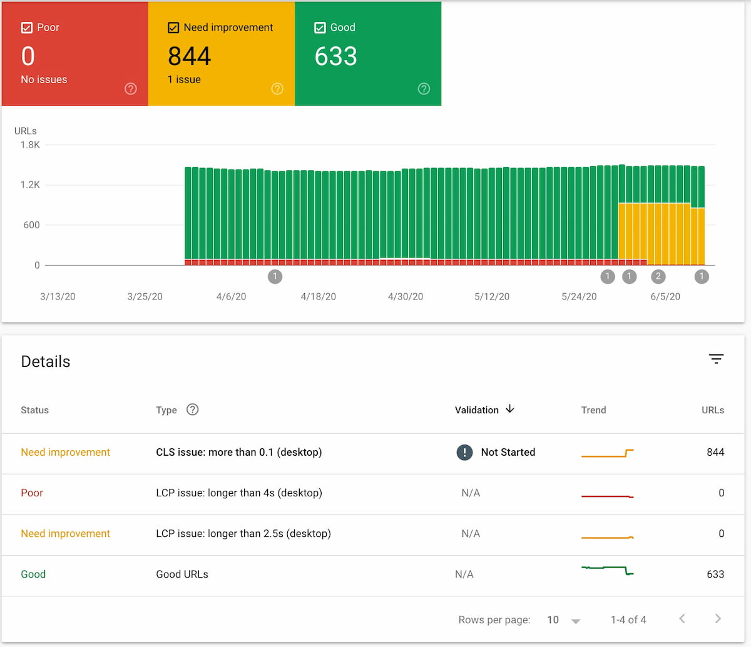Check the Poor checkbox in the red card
(27, 28)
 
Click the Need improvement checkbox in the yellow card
(173, 28)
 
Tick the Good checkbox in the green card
(320, 28)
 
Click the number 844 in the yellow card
(190, 56)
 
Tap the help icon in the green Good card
(424, 89)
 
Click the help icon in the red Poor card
(131, 89)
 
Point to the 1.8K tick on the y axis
(30, 145)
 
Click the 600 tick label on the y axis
(31, 225)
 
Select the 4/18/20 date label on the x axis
(318, 297)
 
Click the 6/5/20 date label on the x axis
(665, 297)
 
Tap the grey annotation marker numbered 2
(658, 276)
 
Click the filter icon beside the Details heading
(716, 359)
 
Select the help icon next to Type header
(193, 409)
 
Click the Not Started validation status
(508, 452)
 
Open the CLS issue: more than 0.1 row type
(238, 452)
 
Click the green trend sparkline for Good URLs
(608, 570)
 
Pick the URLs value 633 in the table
(715, 574)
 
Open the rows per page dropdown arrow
(576, 621)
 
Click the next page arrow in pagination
(718, 619)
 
